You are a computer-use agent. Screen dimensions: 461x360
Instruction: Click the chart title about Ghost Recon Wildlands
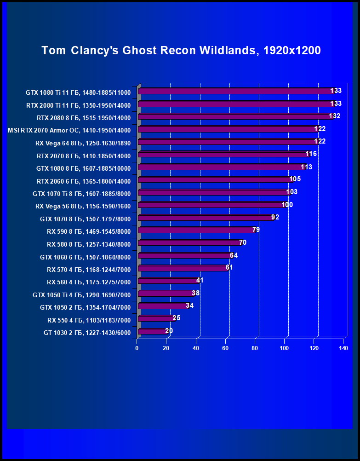coord(181,51)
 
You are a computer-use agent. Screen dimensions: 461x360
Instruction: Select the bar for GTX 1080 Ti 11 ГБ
coord(234,92)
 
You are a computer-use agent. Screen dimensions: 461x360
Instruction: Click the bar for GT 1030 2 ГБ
coord(151,331)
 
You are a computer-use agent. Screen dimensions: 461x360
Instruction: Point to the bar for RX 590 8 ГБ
coord(195,230)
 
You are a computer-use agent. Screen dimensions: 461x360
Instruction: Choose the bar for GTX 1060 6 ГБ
coord(184,256)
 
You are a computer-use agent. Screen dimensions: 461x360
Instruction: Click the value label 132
coord(334,116)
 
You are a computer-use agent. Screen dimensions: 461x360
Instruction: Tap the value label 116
coord(311,154)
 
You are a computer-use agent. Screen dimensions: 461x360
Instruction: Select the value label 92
coord(275,217)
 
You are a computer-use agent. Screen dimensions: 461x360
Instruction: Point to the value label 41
coord(200,280)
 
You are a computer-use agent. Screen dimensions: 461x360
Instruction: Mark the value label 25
coord(177,318)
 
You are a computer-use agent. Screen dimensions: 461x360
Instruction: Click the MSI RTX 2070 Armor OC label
coord(69,130)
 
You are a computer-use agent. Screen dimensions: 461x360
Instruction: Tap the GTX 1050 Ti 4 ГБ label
coord(82,294)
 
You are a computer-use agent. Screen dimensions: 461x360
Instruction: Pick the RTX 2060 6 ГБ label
coord(84,181)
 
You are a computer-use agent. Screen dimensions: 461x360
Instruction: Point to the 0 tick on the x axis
coord(137,348)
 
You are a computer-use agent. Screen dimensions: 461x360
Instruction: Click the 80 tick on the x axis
coord(255,348)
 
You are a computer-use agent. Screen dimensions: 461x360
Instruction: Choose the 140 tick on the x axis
coord(343,348)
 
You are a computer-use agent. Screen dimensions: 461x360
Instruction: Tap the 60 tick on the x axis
coord(225,348)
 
